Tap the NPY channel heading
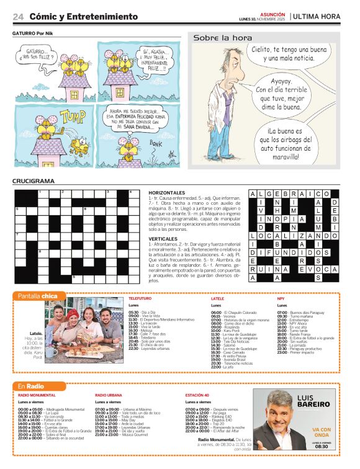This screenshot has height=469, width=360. click(281, 299)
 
